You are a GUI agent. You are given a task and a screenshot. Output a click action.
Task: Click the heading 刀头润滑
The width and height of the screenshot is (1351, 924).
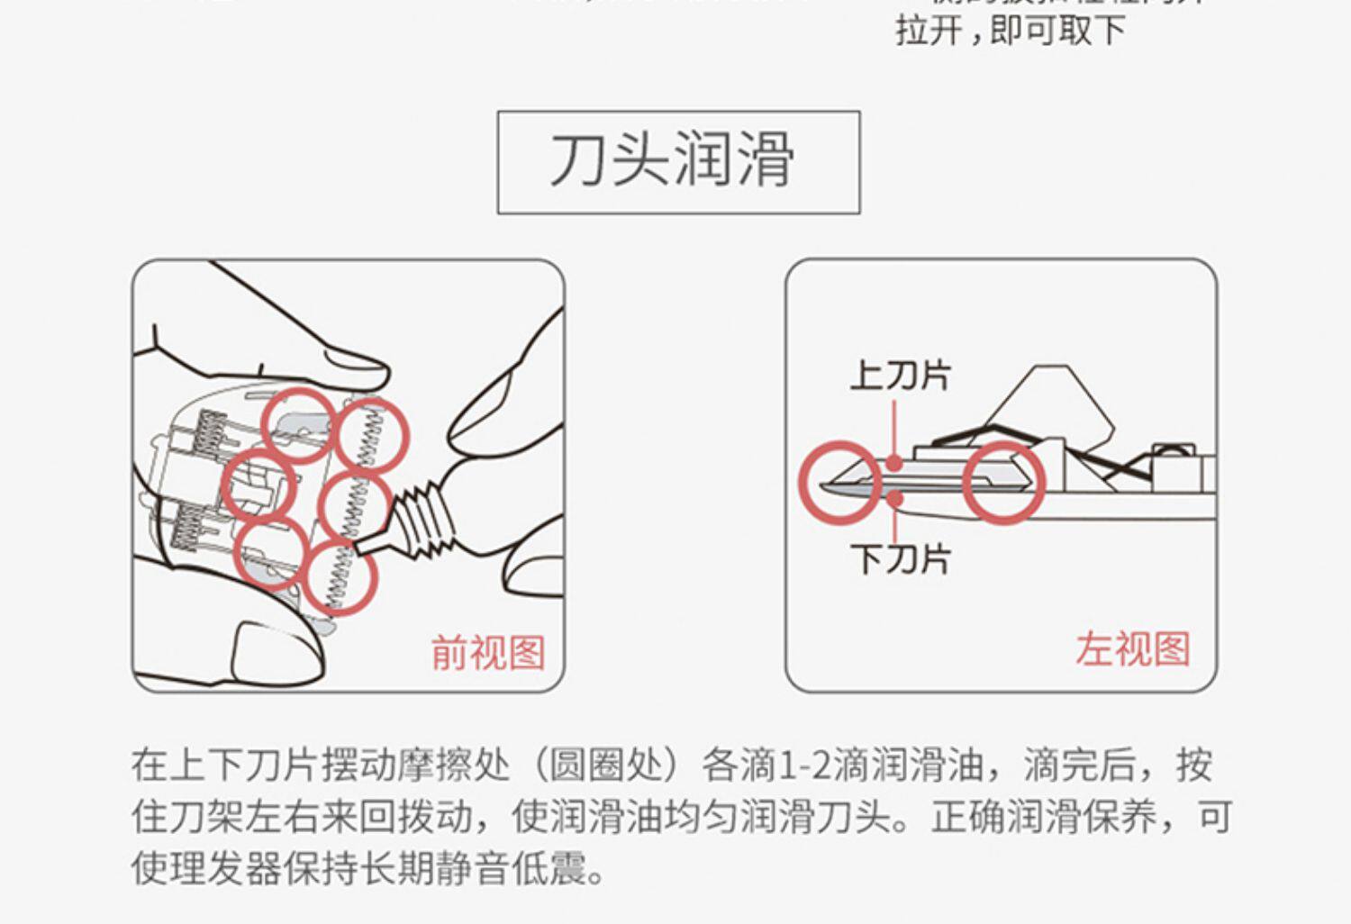pos(672,160)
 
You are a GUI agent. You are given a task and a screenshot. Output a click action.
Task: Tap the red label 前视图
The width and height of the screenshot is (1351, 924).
pos(487,652)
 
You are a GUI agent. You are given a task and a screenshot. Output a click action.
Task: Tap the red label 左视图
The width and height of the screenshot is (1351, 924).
pos(1132,649)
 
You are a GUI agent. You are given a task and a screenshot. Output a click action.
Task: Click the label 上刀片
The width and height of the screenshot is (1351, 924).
pos(899,375)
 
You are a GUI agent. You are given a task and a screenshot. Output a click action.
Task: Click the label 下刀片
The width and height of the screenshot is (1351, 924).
pos(899,559)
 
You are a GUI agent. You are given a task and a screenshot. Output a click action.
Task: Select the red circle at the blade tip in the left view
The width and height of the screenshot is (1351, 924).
pos(838,483)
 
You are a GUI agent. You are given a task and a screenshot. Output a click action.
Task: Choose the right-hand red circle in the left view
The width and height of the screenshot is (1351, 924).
pos(1003,483)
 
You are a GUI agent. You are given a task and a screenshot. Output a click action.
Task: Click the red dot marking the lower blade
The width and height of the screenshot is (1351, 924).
pos(893,496)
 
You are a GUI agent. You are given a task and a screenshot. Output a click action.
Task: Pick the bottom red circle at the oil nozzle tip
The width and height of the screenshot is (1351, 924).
pos(340,576)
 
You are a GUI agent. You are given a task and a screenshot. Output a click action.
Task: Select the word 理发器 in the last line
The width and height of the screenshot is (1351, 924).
pos(225,869)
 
